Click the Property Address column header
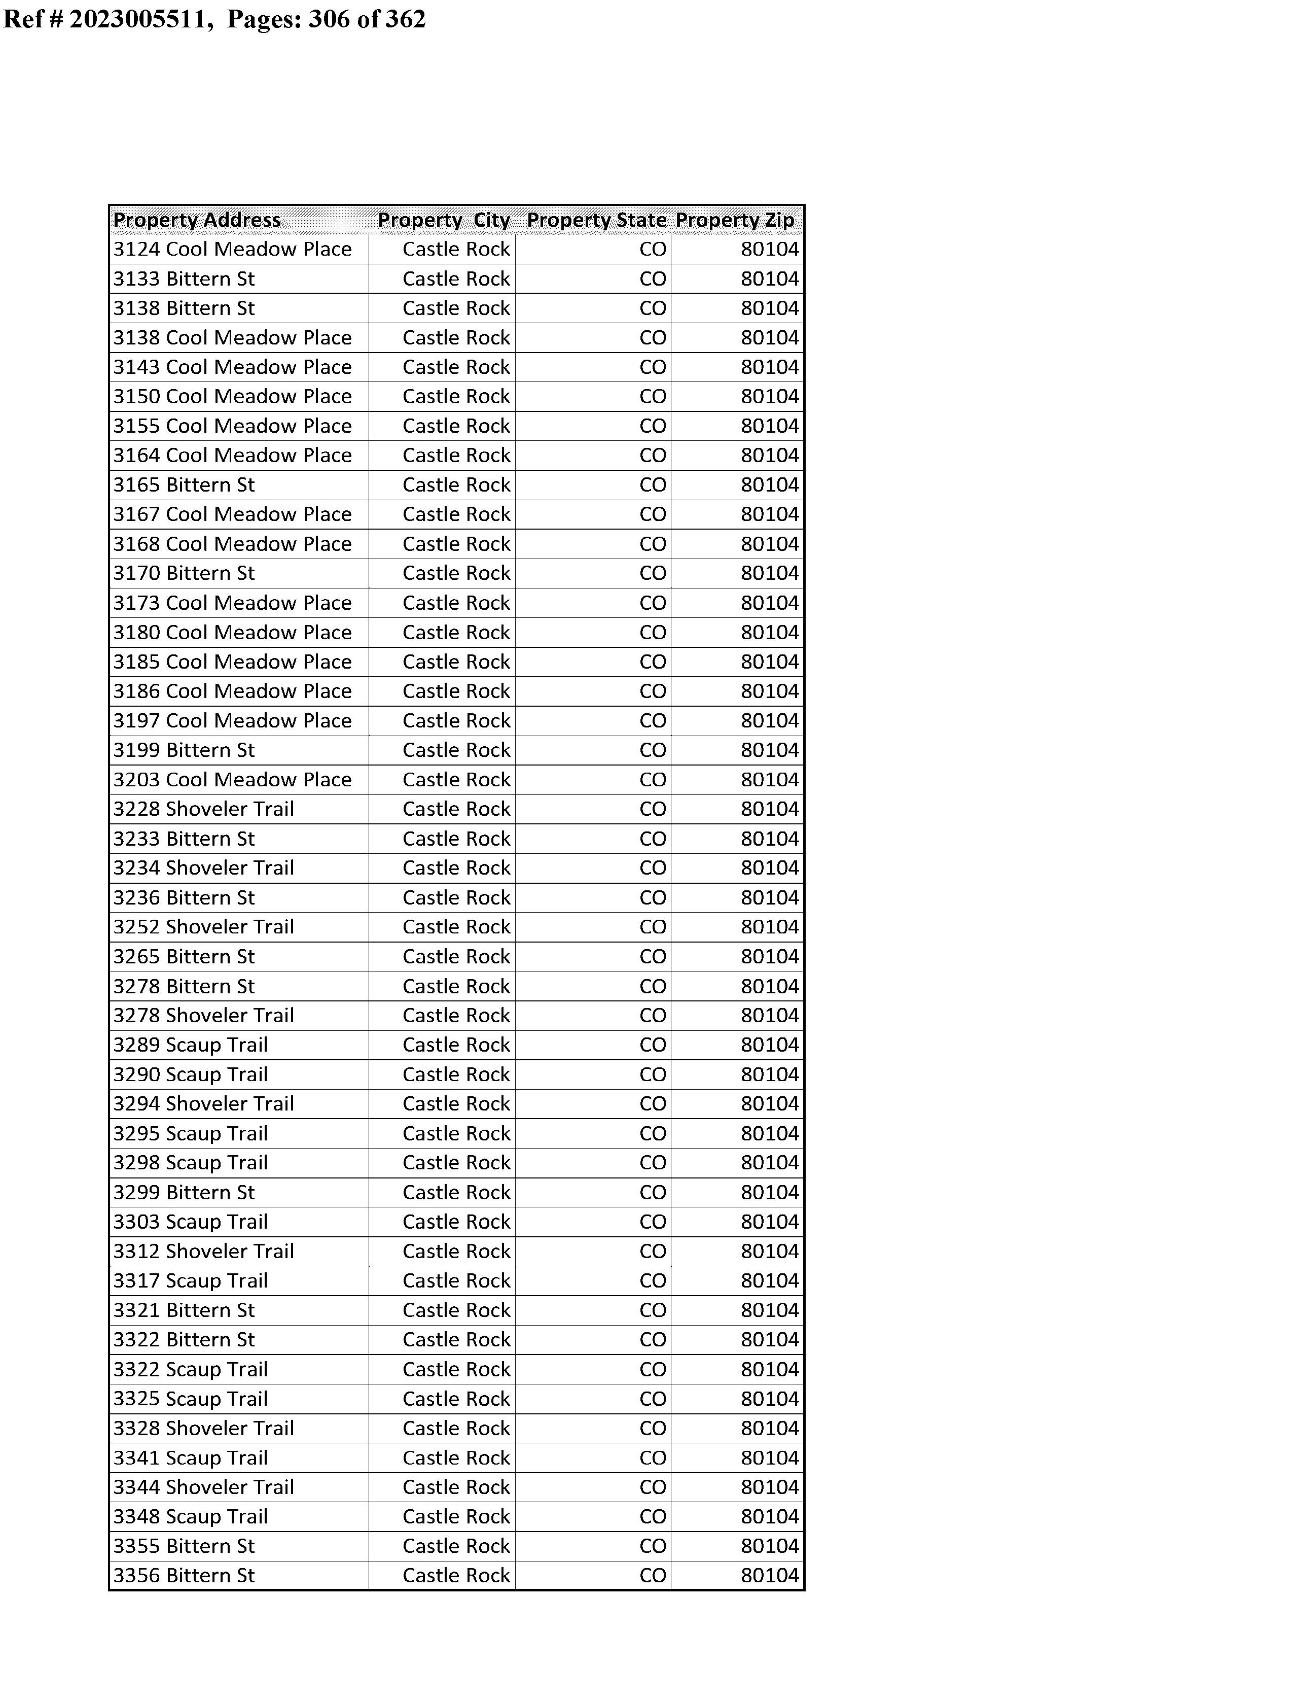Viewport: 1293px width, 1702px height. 197,220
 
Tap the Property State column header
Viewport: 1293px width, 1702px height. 596,220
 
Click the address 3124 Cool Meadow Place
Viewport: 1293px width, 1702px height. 232,250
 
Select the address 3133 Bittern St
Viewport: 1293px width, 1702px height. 184,279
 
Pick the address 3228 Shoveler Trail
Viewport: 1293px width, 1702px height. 204,809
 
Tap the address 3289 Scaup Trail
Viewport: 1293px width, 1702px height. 191,1045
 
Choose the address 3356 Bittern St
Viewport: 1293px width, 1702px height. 184,1575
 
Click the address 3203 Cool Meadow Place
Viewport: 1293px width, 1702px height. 232,780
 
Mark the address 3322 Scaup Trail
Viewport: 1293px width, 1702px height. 191,1369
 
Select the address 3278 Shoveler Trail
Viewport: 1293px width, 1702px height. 204,1015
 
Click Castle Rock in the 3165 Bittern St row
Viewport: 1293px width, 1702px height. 456,485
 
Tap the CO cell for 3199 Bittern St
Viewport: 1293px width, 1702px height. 653,750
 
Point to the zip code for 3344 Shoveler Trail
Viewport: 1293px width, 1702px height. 770,1487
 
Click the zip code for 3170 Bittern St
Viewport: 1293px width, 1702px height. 770,573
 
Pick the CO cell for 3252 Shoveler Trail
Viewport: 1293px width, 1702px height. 653,927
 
